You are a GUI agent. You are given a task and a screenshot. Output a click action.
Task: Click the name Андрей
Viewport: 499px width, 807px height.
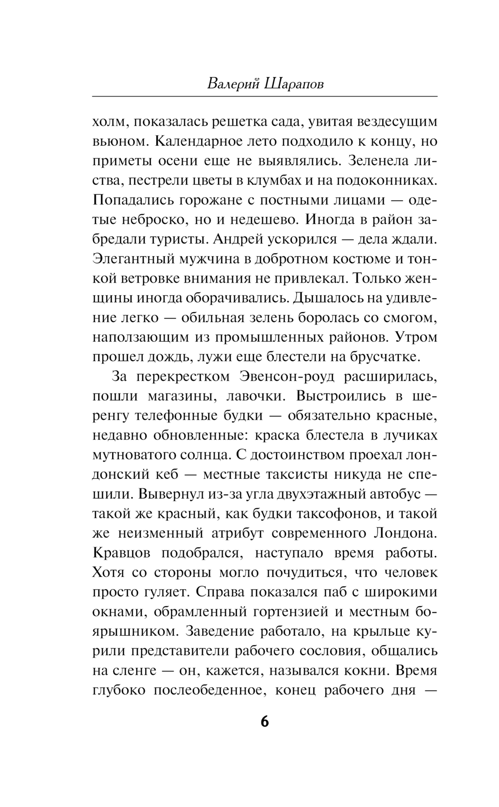tap(237, 239)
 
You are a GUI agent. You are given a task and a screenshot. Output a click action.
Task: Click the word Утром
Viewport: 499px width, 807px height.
tap(416, 337)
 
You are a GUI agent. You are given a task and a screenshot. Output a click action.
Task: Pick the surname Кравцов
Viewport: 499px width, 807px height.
tap(122, 553)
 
